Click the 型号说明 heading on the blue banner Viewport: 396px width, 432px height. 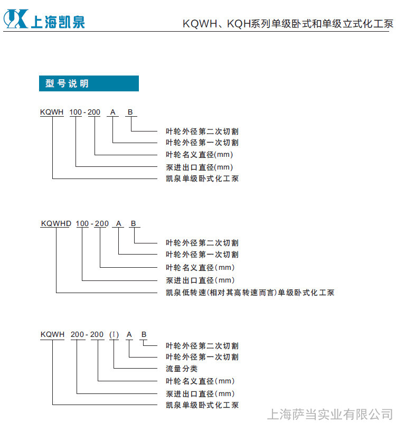(x=67, y=83)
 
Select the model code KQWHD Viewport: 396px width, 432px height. (x=56, y=223)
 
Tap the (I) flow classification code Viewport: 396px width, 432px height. (x=114, y=334)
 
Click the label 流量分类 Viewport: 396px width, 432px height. (x=182, y=368)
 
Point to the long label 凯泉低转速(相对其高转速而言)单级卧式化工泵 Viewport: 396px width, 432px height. (x=250, y=293)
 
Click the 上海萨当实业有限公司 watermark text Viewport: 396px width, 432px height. (x=330, y=415)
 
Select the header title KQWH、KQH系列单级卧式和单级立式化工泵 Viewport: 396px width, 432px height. (x=288, y=24)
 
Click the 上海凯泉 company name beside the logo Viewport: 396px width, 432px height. (x=58, y=22)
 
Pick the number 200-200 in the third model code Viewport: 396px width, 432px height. (x=87, y=334)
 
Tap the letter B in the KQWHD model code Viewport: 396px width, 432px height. (x=133, y=223)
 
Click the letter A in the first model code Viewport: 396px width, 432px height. (x=112, y=112)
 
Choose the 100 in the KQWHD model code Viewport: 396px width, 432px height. (x=82, y=223)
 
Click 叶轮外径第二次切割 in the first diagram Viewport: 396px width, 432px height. (x=202, y=132)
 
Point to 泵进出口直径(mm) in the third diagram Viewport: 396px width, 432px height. (x=200, y=393)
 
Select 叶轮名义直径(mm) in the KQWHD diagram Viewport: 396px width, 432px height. (x=200, y=267)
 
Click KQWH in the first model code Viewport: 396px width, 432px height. (x=52, y=112)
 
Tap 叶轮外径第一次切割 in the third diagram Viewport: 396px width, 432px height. (x=202, y=357)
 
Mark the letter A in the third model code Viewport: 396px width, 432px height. (x=129, y=334)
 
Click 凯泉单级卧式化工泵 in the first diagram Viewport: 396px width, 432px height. (x=202, y=179)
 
